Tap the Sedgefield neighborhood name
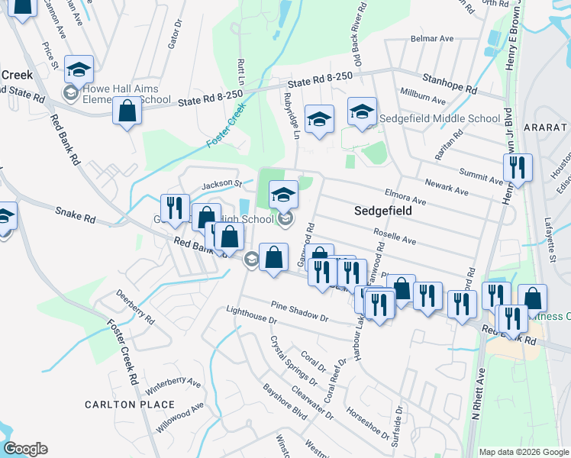[x=382, y=210]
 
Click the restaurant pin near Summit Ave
[x=519, y=168]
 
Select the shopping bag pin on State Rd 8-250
[x=127, y=111]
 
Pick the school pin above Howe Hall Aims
[x=79, y=69]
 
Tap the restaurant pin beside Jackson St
[x=175, y=207]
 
